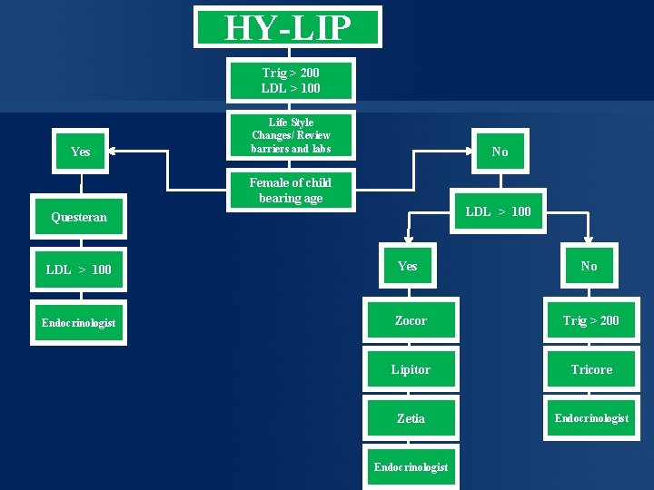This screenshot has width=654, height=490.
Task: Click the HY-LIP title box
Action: tap(287, 28)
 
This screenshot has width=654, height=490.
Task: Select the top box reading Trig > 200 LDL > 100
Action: tap(291, 80)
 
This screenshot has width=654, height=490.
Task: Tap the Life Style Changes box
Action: tap(291, 135)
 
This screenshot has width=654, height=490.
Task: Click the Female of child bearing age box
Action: tap(291, 191)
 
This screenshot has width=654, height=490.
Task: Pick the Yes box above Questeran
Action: tap(80, 152)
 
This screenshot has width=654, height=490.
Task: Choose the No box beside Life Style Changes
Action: tap(500, 152)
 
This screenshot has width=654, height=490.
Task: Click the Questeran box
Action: tap(79, 217)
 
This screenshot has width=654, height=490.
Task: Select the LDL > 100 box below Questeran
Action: tap(79, 269)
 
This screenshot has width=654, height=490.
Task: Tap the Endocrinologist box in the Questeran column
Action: tap(79, 322)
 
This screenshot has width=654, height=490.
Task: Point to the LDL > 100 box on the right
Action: tap(498, 211)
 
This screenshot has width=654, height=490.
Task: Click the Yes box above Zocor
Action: tap(408, 266)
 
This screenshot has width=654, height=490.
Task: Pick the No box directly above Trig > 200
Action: tap(590, 266)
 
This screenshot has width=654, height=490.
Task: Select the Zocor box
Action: tap(411, 320)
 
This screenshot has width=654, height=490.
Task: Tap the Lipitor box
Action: tap(411, 369)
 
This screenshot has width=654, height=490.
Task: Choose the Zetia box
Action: tap(411, 418)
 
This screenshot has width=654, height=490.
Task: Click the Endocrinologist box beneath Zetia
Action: tap(411, 466)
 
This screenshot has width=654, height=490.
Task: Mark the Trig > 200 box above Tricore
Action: tap(590, 320)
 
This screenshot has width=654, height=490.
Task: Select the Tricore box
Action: tap(590, 369)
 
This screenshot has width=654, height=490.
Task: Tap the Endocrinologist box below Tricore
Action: tap(590, 417)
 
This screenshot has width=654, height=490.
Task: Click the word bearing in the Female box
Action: tap(277, 199)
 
